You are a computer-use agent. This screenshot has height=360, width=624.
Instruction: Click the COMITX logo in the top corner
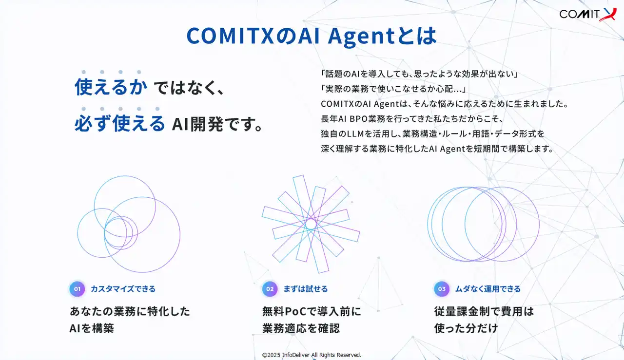pyautogui.click(x=587, y=15)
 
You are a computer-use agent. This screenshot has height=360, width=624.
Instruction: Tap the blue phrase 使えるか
pyautogui.click(x=111, y=87)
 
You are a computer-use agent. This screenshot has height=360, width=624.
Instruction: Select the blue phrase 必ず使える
pyautogui.click(x=120, y=123)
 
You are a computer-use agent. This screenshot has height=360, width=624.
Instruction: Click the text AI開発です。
pyautogui.click(x=217, y=124)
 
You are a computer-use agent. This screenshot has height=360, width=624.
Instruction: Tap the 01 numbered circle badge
pyautogui.click(x=77, y=289)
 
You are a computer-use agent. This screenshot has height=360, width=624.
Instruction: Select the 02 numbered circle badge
pyautogui.click(x=270, y=289)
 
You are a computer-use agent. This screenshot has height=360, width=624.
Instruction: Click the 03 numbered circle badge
pyautogui.click(x=442, y=289)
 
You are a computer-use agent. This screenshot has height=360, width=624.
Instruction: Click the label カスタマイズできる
pyautogui.click(x=123, y=289)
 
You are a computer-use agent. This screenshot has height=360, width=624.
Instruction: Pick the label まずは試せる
pyautogui.click(x=305, y=289)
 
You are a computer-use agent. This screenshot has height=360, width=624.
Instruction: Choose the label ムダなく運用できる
pyautogui.click(x=488, y=289)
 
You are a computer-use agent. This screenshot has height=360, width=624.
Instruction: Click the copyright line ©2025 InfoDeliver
pyautogui.click(x=312, y=355)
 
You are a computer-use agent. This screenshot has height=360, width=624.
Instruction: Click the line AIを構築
pyautogui.click(x=92, y=328)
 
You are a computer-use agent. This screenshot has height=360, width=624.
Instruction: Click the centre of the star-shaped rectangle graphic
pyautogui.click(x=311, y=224)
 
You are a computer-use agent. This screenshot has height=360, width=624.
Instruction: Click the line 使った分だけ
pyautogui.click(x=466, y=328)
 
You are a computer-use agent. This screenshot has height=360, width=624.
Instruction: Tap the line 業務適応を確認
pyautogui.click(x=301, y=328)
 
